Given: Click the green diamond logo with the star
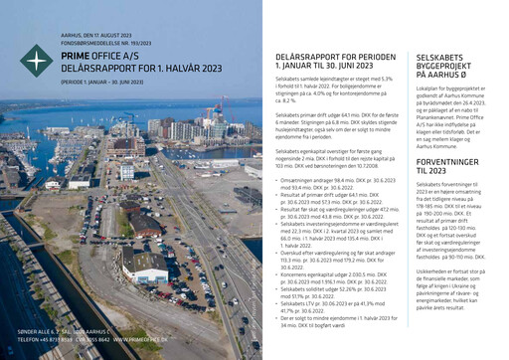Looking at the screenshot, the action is click(x=37, y=61).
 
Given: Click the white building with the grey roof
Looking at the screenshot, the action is click(x=150, y=274).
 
